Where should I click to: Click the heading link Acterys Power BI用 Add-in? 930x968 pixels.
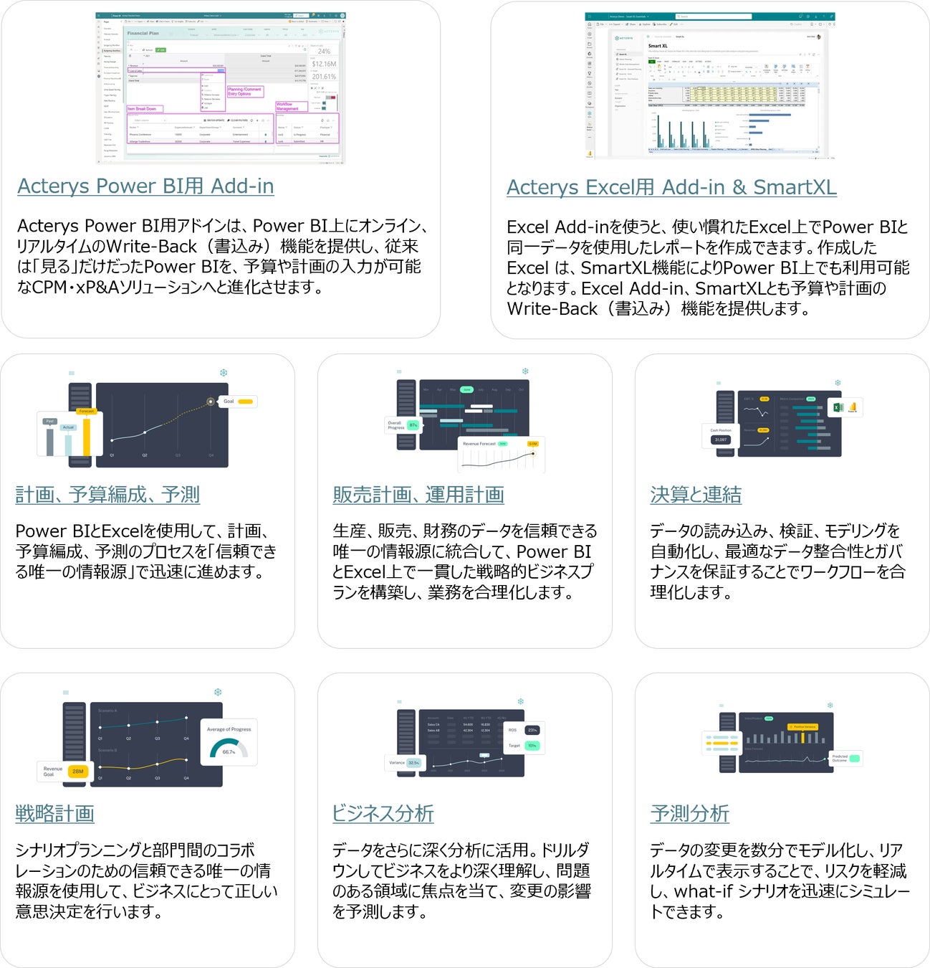(145, 186)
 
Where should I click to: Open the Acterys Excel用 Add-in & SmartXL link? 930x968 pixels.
(671, 188)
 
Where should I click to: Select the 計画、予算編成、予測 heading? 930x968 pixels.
(107, 495)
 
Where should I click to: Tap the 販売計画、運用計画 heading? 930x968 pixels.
(418, 495)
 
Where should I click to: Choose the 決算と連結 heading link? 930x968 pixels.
(695, 495)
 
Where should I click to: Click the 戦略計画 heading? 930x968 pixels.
(55, 814)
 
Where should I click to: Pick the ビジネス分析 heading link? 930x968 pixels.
(383, 814)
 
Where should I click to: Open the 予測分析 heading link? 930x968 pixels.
(689, 814)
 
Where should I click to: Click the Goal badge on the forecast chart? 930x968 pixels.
(237, 402)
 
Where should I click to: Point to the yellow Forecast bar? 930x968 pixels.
(87, 434)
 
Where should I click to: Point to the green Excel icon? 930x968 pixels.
(838, 407)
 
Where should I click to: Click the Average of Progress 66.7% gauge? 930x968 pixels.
(229, 743)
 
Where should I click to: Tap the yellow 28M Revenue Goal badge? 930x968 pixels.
(77, 772)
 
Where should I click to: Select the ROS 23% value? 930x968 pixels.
(532, 730)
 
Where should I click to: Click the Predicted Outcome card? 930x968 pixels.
(845, 758)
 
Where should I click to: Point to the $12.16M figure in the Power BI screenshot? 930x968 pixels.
(324, 65)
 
